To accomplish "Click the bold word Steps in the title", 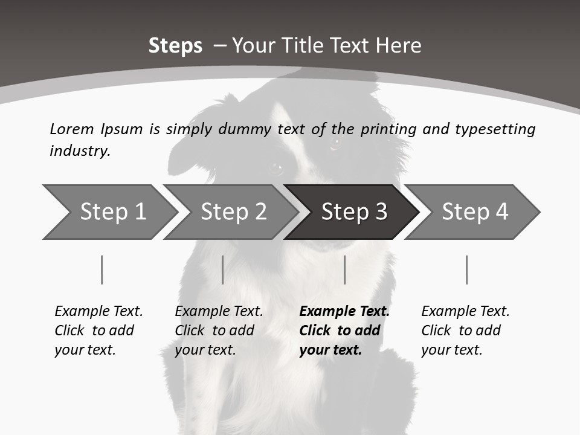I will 175,46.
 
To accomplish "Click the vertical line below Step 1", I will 102,269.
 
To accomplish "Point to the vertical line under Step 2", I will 223,269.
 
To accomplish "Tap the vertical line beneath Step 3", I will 344,269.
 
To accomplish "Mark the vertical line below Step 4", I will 466,269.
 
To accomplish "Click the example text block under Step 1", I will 98,330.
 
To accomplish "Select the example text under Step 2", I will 219,330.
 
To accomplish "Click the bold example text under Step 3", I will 344,330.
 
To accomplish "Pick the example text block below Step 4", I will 465,330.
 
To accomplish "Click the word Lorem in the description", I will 71,129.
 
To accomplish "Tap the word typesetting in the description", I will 495,129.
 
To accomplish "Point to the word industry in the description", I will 80,150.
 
